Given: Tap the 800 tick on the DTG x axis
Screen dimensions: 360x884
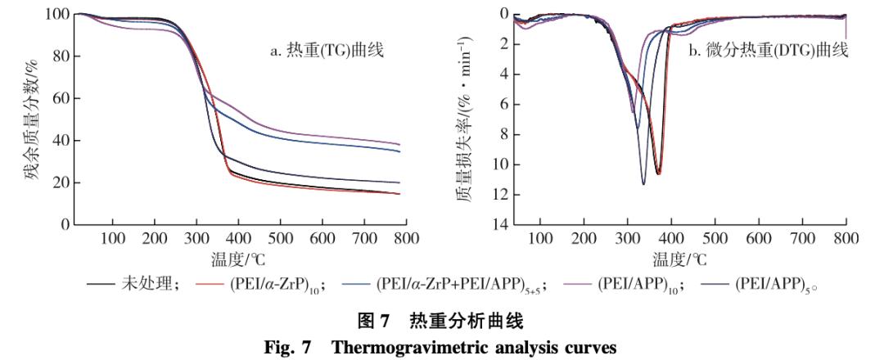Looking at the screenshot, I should (846, 239).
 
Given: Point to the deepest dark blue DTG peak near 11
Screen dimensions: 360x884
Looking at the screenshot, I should (643, 184).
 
